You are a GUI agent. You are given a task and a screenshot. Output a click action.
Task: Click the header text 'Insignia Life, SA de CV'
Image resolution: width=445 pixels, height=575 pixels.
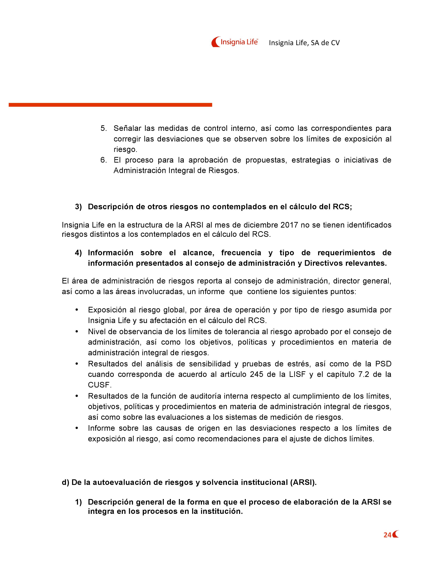pyautogui.click(x=304, y=43)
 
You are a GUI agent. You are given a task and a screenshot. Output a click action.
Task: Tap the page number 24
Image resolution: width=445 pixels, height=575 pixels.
pyautogui.click(x=387, y=535)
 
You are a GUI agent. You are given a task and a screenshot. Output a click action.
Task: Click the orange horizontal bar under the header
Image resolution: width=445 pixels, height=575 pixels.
pyautogui.click(x=110, y=105)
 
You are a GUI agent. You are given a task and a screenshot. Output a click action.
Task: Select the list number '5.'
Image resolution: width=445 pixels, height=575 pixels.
pyautogui.click(x=104, y=128)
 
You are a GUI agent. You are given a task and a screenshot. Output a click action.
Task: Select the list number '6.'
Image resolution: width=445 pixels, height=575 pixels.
pyautogui.click(x=104, y=160)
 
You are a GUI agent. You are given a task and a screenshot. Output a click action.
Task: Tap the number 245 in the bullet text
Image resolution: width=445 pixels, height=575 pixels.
pyautogui.click(x=257, y=374)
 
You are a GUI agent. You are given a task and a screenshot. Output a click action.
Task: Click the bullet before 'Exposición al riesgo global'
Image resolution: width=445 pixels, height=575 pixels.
pyautogui.click(x=77, y=310)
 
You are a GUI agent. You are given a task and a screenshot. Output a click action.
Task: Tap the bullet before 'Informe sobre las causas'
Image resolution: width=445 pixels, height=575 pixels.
pyautogui.click(x=77, y=428)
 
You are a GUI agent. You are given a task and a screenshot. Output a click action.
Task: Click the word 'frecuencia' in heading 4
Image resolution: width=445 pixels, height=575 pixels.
pyautogui.click(x=241, y=253)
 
